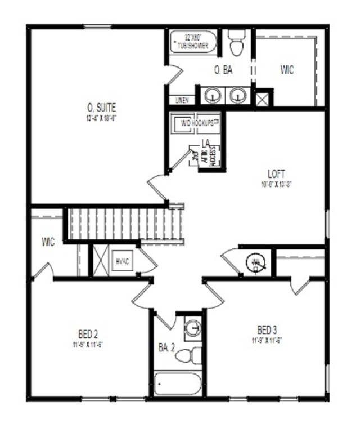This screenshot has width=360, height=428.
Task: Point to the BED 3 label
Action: [266, 329]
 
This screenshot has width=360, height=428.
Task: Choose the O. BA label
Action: [223, 70]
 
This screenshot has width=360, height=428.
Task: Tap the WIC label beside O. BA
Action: [287, 70]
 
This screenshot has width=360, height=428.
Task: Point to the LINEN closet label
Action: [182, 100]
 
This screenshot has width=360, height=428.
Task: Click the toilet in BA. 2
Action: [194, 355]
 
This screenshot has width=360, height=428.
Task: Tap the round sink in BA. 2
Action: [193, 327]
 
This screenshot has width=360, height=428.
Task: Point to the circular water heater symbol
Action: [256, 262]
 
